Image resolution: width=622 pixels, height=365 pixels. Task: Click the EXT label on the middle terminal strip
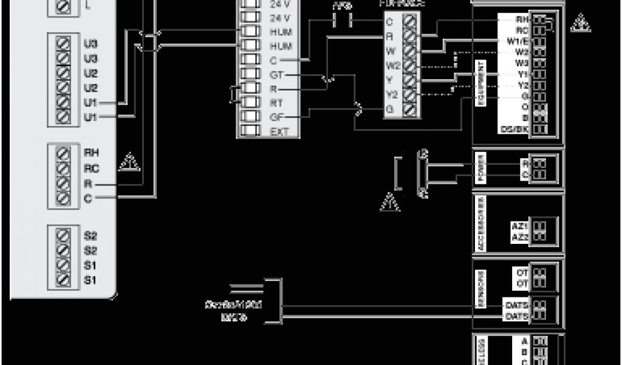[x=277, y=131]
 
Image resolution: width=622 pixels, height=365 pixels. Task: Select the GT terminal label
[x=276, y=74]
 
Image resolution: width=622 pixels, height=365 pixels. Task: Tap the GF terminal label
[x=276, y=116]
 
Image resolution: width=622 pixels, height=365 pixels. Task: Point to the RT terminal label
[x=276, y=102]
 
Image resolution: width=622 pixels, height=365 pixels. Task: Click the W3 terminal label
[x=522, y=63]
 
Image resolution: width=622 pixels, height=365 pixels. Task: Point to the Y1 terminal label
[x=522, y=74]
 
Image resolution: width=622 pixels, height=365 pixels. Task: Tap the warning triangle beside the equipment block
[x=580, y=24]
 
